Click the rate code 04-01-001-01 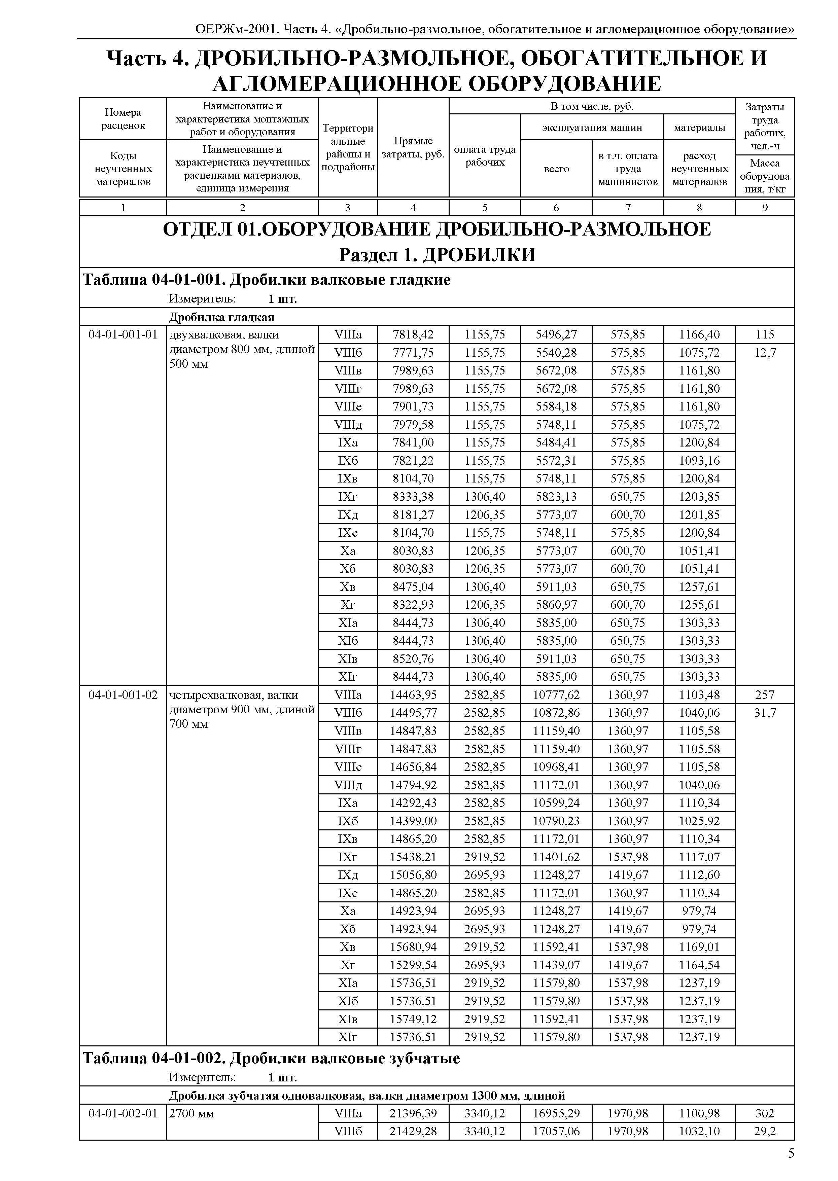123,334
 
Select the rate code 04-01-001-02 123,694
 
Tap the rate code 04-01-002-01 123,1113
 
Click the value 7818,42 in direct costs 413,334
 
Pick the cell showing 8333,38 413,496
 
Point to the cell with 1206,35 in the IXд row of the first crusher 485,514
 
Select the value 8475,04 413,586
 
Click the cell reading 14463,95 413,694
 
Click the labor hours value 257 765,694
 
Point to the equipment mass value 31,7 765,713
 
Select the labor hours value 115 765,334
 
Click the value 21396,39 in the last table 413,1113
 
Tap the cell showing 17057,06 556,1131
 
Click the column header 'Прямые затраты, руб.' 413,148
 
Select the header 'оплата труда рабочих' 485,155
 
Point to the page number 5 791,1154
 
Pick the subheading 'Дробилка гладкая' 221,317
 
